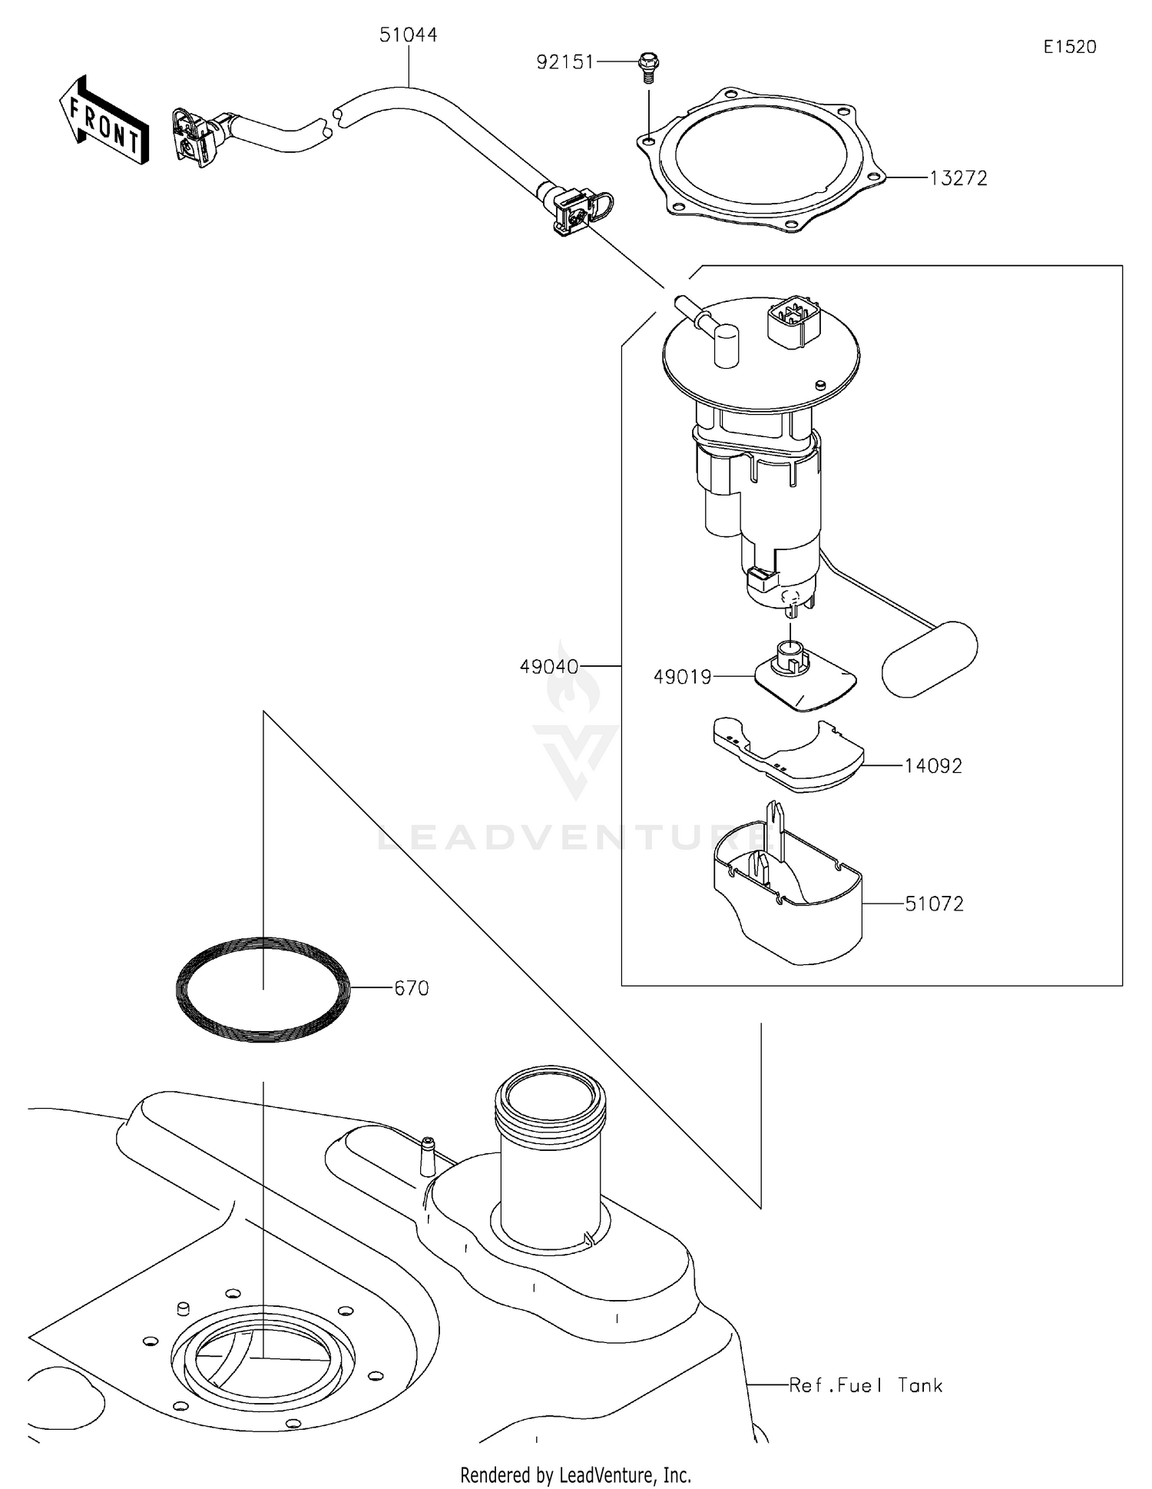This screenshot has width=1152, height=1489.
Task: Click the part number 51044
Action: click(408, 35)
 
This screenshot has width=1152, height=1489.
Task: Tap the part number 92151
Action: click(565, 62)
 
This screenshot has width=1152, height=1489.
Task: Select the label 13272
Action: click(958, 178)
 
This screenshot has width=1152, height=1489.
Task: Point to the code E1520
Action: click(1069, 47)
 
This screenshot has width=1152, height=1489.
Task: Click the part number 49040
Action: click(549, 667)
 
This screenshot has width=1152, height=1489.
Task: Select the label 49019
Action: click(682, 677)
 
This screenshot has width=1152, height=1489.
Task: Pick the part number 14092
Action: click(932, 766)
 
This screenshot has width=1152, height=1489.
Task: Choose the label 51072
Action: click(934, 904)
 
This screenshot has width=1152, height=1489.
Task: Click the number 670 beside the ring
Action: click(411, 988)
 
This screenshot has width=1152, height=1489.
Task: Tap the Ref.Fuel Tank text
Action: click(866, 1385)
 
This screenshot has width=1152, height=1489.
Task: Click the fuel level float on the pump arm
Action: click(929, 658)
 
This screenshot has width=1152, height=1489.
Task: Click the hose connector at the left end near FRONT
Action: click(196, 136)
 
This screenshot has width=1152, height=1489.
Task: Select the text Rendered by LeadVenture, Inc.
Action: click(575, 1474)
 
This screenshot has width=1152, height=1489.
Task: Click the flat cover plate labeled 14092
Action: click(787, 757)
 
